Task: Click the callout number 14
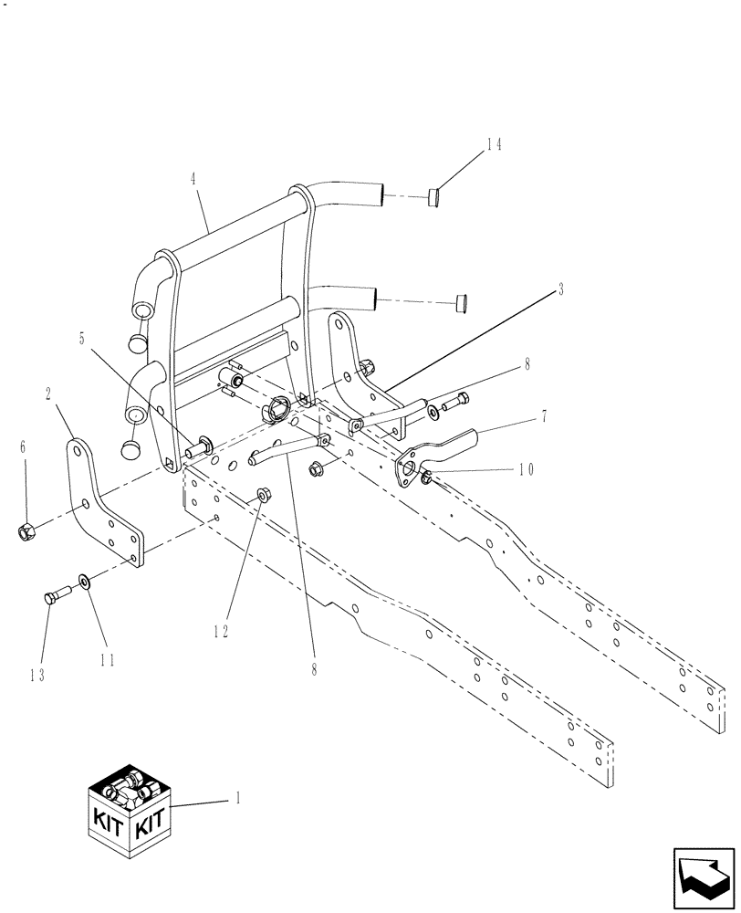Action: click(x=494, y=144)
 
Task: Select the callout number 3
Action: click(x=561, y=289)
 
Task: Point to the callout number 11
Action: click(x=107, y=660)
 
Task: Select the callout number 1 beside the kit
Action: click(x=238, y=796)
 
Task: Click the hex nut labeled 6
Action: click(x=27, y=530)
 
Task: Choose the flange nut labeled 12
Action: click(x=262, y=496)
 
